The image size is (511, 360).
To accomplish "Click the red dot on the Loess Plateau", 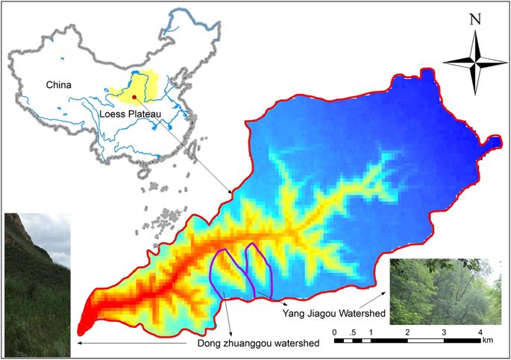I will coord(134,96).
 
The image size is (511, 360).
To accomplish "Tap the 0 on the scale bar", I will coord(335,331).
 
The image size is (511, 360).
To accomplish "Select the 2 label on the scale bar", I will coord(407,331).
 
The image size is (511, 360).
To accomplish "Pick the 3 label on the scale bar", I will coord(444,331).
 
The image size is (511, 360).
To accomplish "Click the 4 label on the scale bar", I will coord(480,331).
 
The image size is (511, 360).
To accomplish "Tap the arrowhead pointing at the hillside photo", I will coord(75,344).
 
